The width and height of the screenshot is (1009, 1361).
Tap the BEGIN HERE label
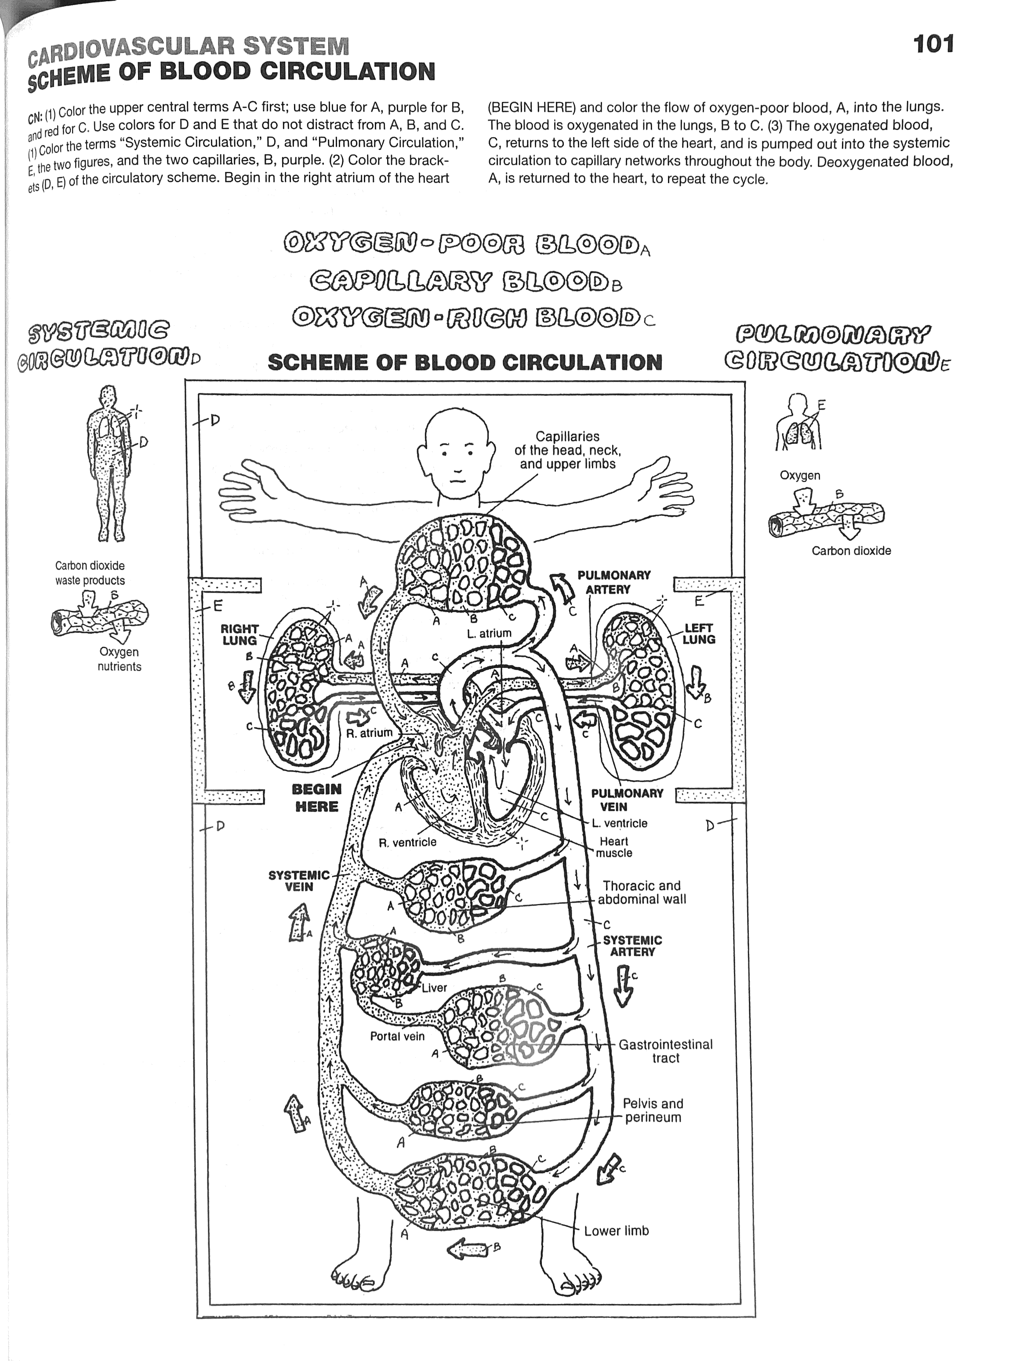pos(316,798)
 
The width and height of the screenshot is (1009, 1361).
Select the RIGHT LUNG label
pos(240,635)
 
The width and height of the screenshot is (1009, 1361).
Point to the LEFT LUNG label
pos(699,633)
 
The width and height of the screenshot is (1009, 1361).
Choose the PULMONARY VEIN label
pos(627,800)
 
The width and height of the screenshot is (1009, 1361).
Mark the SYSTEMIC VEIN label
pos(299,881)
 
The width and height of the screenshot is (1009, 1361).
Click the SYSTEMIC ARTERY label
pos(632,946)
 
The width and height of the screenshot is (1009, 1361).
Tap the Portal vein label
pos(397,1036)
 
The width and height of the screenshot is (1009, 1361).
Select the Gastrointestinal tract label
pos(665,1051)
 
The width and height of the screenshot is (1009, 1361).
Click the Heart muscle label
pos(614,847)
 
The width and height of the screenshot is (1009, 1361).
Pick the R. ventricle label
pos(407,842)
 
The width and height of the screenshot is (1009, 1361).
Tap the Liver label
pos(434,987)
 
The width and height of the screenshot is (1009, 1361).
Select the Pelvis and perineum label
pos(652,1110)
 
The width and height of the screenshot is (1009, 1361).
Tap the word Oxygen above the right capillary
pos(799,475)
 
